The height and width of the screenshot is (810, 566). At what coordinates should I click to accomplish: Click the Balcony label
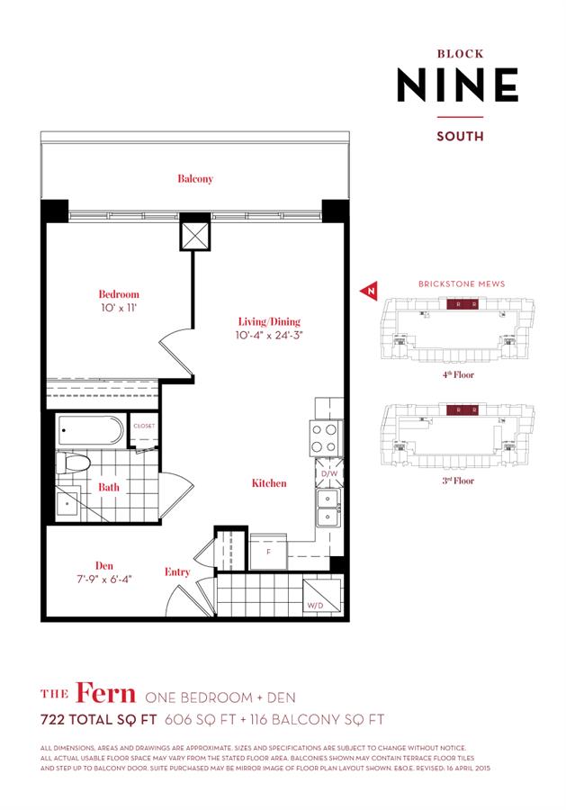point(194,179)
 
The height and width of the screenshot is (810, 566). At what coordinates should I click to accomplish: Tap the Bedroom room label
point(119,294)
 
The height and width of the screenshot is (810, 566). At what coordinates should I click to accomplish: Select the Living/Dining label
point(269,321)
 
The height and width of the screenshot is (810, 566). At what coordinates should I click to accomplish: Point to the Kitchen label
point(269,483)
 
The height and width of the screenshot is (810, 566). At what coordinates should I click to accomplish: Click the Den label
point(86,556)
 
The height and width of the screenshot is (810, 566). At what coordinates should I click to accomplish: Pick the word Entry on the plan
point(177,571)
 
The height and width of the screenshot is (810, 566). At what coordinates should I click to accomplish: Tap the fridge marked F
point(267,551)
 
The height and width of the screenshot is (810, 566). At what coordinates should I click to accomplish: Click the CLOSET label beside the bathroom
point(144,426)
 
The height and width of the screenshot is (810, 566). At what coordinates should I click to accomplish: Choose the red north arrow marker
point(367,292)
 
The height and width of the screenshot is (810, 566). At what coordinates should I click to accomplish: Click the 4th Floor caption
point(458,374)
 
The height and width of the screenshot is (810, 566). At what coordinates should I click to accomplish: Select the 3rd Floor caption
point(458,481)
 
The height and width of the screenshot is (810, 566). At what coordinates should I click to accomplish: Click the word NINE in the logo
point(458,85)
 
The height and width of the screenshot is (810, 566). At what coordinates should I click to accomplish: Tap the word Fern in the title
point(106,694)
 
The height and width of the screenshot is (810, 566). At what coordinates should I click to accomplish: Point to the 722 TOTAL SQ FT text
point(99,719)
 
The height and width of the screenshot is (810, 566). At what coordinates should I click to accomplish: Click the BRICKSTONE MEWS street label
point(461,283)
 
